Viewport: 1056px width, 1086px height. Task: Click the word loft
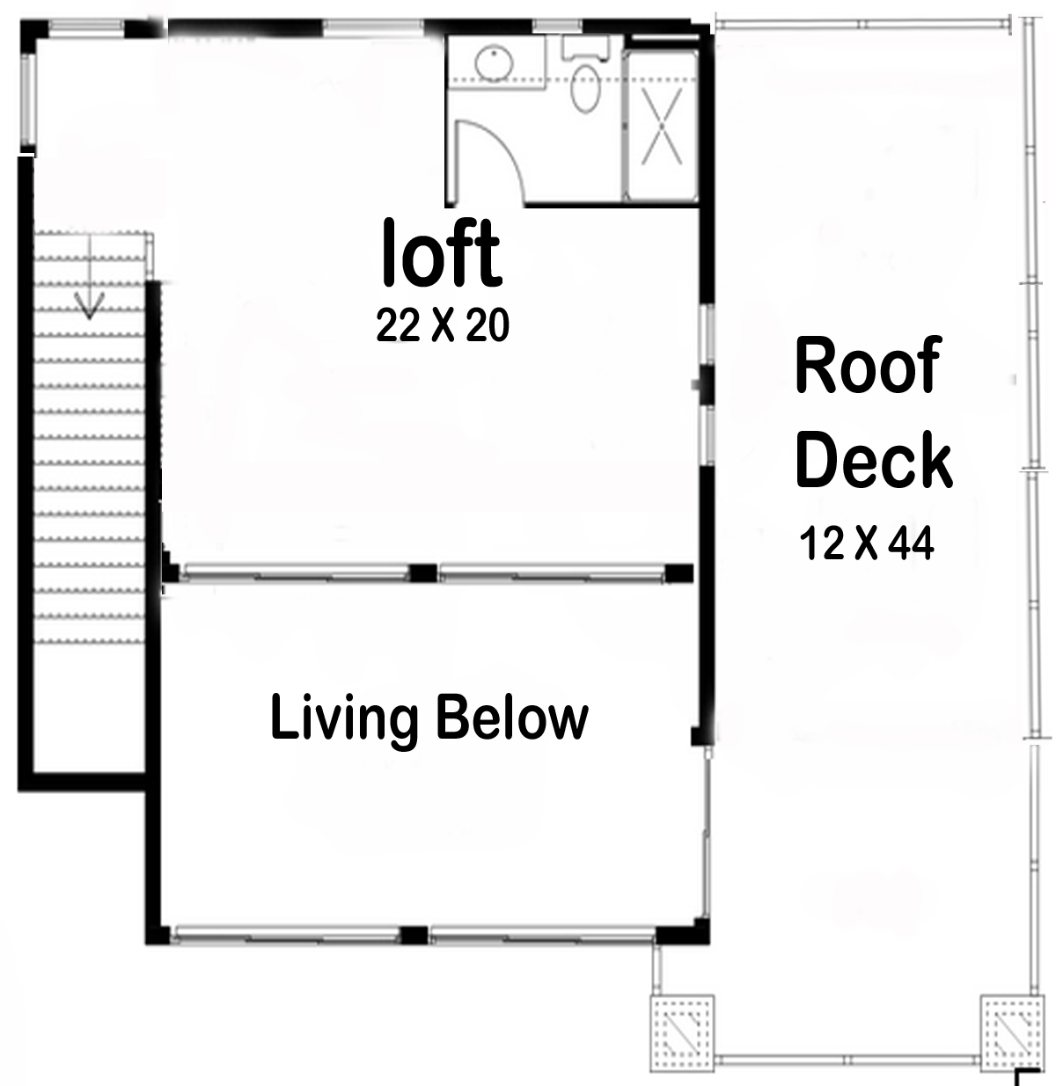click(x=441, y=253)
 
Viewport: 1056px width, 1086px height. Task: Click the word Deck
click(x=873, y=460)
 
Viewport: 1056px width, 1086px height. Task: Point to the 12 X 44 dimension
click(x=866, y=543)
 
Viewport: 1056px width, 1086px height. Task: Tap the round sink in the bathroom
click(x=495, y=62)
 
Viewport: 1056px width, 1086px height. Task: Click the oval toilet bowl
click(x=584, y=91)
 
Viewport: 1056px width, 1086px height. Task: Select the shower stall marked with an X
click(x=662, y=127)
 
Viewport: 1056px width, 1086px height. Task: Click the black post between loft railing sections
click(x=423, y=572)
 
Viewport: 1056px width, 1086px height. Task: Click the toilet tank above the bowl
click(x=585, y=48)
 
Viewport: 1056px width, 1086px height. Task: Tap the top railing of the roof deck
click(x=862, y=24)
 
